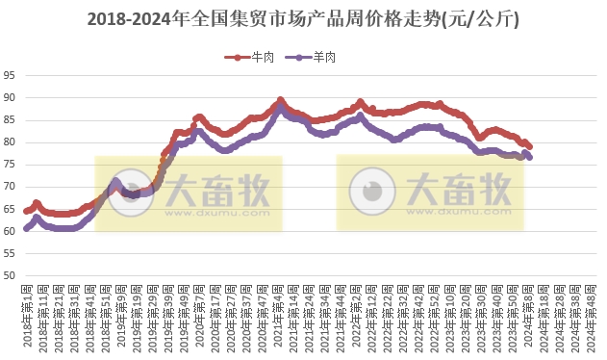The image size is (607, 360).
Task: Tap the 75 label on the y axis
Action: (10, 165)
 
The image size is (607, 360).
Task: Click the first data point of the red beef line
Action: (26, 211)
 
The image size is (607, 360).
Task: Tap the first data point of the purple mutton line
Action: (26, 228)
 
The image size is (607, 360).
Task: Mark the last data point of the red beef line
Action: (529, 145)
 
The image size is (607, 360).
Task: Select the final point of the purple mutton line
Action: (529, 157)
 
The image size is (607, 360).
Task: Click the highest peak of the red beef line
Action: (280, 100)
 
